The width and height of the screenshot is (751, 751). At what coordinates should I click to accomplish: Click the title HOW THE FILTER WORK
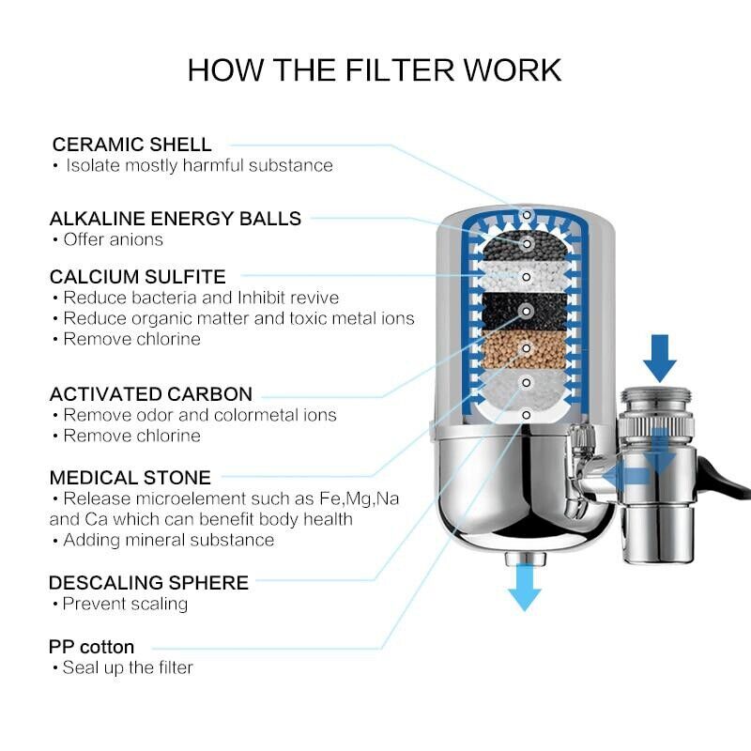point(375,70)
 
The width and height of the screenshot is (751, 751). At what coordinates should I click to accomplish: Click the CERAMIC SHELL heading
point(132,145)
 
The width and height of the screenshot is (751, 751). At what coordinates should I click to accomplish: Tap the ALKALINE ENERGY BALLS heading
point(176,219)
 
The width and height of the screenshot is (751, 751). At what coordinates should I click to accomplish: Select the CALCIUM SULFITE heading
point(138,277)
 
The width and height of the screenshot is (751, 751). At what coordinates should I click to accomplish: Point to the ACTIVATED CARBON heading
point(151,394)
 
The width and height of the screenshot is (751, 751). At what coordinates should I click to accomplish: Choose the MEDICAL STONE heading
point(130,478)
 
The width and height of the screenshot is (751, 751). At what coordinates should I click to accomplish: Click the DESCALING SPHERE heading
point(149,583)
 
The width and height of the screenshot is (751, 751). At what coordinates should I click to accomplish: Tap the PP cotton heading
point(92,647)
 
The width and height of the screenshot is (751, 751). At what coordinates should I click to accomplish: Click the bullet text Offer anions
point(113,239)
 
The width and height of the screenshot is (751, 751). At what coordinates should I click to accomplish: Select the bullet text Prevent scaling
point(125,604)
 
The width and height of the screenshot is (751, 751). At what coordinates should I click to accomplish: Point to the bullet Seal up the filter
point(128,667)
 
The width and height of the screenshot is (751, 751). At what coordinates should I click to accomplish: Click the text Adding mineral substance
point(169,540)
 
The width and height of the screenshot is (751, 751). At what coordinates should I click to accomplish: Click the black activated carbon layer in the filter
point(527,311)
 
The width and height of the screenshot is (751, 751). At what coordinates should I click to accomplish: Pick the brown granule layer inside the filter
point(527,350)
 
